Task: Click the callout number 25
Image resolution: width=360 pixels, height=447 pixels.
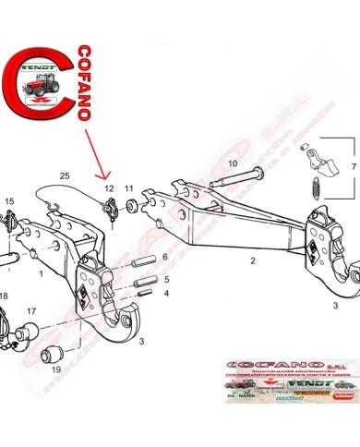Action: point(64,175)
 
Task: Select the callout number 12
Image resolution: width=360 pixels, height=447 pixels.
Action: point(108,187)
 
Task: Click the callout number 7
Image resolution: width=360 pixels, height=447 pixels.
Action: point(352,166)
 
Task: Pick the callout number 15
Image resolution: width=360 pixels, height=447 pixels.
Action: point(9,200)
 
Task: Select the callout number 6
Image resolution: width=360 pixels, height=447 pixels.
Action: point(165,257)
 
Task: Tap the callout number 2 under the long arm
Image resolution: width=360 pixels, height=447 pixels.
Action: point(252,261)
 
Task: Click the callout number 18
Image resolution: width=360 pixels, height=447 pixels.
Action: point(4,296)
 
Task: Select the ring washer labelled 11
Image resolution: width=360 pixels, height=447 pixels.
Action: point(132,201)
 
